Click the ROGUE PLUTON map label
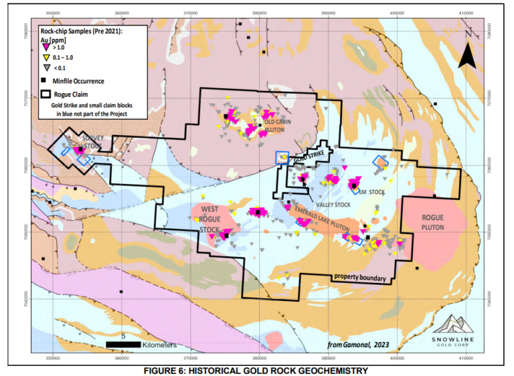pos(433,223)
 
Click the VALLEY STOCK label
pos(333,205)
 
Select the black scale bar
pos(123,344)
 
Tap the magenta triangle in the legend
pos(46,48)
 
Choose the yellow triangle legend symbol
pos(46,58)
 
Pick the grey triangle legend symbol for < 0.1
pos(46,68)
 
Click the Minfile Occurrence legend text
pos(78,81)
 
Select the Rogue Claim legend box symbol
pos(46,94)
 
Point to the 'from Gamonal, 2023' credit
pos(359,345)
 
